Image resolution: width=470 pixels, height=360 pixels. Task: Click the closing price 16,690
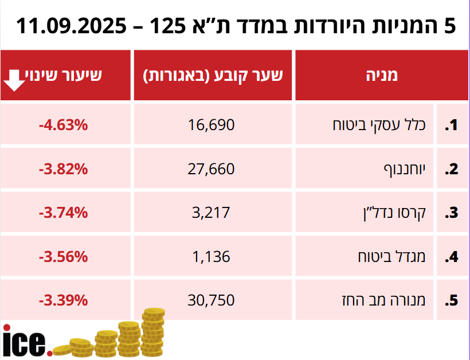coord(211,124)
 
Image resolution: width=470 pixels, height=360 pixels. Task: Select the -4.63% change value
coord(63,124)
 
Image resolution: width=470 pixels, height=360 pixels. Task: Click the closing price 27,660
coord(211,169)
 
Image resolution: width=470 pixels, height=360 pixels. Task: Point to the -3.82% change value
coord(63,169)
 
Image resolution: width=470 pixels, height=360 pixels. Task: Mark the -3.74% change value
coord(63,212)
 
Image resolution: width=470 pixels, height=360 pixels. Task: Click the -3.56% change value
coord(63,256)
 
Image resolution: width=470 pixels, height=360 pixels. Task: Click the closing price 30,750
coord(211,300)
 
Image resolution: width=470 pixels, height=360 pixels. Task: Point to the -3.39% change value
coord(63,300)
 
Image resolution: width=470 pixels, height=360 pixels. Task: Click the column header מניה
coord(382,75)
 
